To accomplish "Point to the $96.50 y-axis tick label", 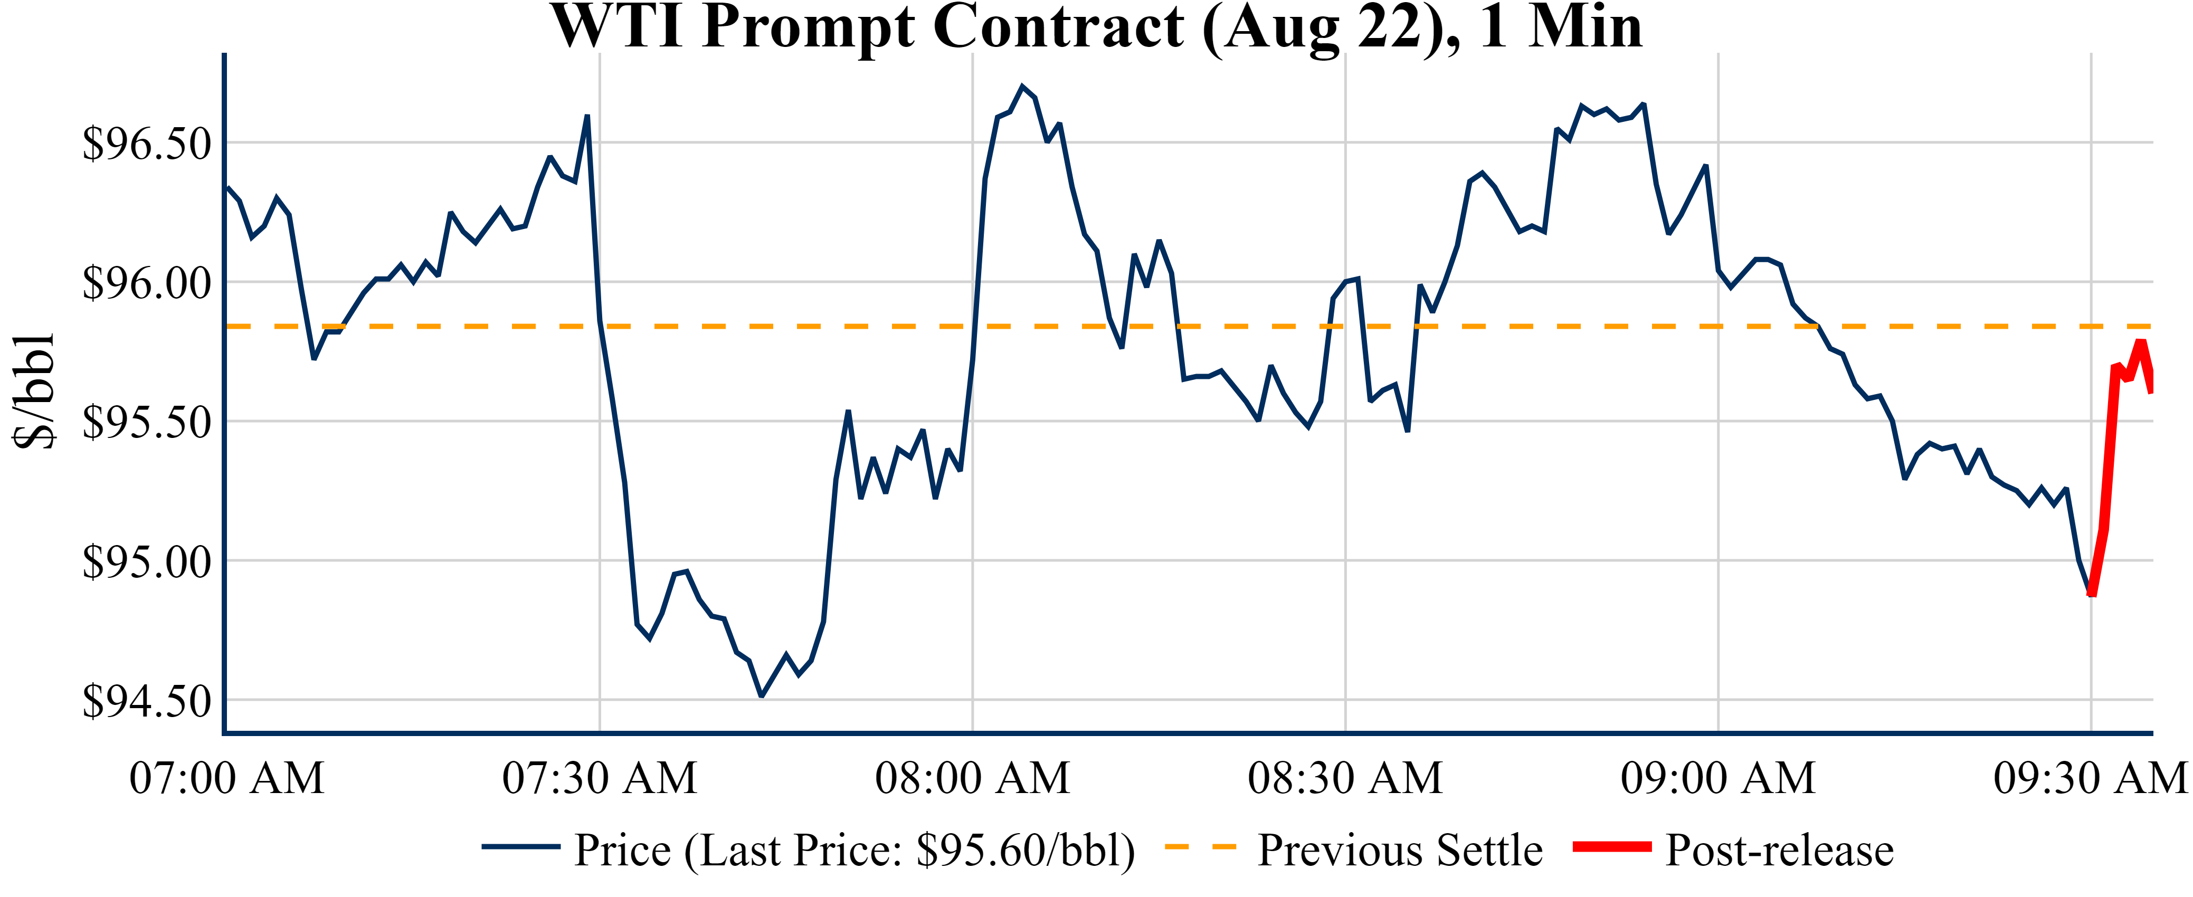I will pyautogui.click(x=146, y=143).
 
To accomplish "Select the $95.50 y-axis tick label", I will pyautogui.click(x=146, y=422).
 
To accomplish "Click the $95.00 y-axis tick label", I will pyautogui.click(x=146, y=562).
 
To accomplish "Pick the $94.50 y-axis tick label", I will pyautogui.click(x=146, y=701).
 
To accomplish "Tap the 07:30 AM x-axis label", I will pyautogui.click(x=600, y=778).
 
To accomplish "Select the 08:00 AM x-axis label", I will pyautogui.click(x=972, y=778).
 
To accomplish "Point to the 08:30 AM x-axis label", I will pyautogui.click(x=1345, y=778).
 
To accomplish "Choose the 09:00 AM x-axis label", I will pyautogui.click(x=1718, y=778).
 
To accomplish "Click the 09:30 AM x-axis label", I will pyautogui.click(x=2091, y=778).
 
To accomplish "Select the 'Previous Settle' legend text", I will pyautogui.click(x=1400, y=850).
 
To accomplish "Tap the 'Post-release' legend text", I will pyautogui.click(x=1779, y=850).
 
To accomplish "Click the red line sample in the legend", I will pyautogui.click(x=1611, y=847).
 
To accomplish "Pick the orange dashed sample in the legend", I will pyautogui.click(x=1200, y=847).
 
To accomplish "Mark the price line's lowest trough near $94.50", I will pyautogui.click(x=761, y=696).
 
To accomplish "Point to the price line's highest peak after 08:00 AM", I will pyautogui.click(x=1022, y=86).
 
